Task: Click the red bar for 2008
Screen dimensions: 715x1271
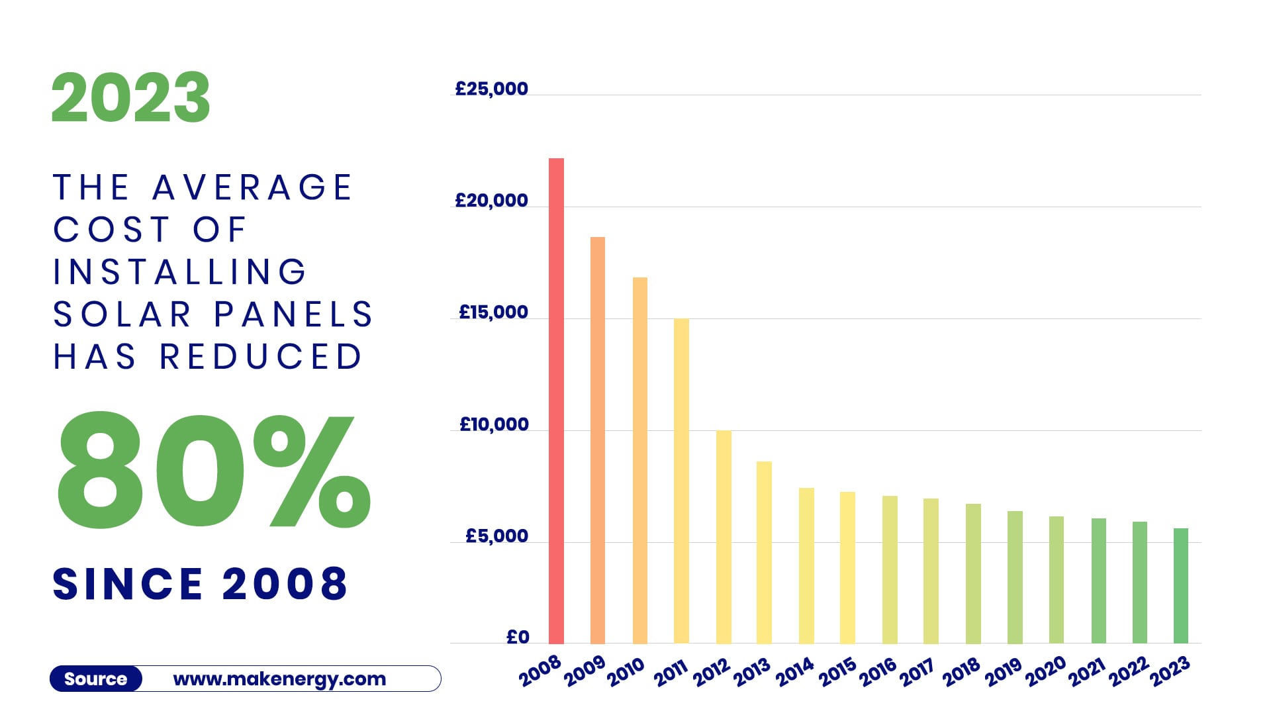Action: [x=556, y=401]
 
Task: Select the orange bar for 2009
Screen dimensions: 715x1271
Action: [x=597, y=440]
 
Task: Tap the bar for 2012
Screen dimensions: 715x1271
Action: [x=724, y=537]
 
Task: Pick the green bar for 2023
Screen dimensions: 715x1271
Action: [x=1180, y=586]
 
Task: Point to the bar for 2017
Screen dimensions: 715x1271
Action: [x=931, y=571]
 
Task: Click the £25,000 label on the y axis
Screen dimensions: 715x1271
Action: [x=491, y=89]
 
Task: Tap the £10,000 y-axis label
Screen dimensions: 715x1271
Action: [x=494, y=424]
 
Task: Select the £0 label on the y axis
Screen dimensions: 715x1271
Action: [x=518, y=637]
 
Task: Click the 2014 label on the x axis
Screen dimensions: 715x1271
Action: [x=794, y=672]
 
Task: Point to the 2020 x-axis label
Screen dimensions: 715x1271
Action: [x=1045, y=672]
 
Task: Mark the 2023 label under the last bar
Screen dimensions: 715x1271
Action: [x=1170, y=672]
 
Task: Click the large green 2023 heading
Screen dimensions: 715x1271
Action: [x=131, y=98]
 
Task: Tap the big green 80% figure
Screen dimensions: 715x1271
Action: [x=213, y=471]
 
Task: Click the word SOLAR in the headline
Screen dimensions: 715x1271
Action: [x=122, y=314]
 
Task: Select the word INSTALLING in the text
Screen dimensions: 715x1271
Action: [x=180, y=272]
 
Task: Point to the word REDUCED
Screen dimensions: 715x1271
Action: [x=261, y=357]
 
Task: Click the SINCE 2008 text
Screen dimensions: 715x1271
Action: [x=200, y=584]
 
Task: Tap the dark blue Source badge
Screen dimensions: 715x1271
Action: [x=96, y=679]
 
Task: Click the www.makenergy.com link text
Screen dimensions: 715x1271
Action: [x=279, y=679]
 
